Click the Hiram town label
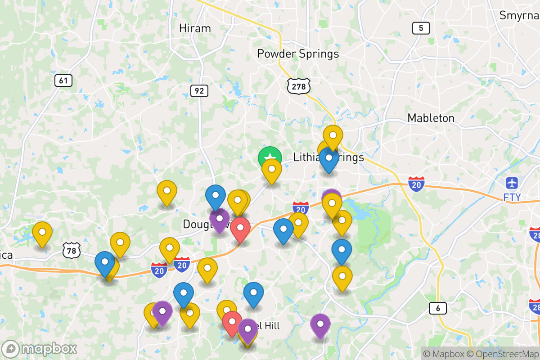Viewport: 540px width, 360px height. [195, 28]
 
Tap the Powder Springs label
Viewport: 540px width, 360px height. [297, 54]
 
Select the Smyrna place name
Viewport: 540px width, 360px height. [519, 15]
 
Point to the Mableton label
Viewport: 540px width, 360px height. [431, 118]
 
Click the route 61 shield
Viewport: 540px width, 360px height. [63, 81]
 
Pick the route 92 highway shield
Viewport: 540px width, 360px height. [199, 91]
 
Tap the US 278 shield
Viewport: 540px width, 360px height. [299, 86]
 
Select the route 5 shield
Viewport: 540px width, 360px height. [421, 28]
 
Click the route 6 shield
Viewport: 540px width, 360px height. [437, 308]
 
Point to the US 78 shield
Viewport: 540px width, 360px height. [72, 250]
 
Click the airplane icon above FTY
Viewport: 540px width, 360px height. [512, 183]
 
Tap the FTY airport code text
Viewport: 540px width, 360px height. [512, 197]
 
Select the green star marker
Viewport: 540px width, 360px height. [270, 158]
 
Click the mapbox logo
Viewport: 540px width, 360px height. [40, 349]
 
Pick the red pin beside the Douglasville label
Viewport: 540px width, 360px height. [240, 228]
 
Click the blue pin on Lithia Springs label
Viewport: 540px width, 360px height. [329, 158]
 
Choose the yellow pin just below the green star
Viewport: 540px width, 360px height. [272, 169]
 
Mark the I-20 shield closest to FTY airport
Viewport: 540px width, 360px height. [417, 184]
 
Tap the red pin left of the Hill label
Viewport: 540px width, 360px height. [232, 322]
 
